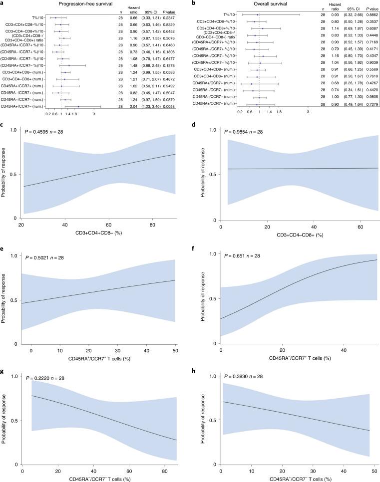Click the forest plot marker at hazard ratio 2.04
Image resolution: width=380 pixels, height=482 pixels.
(78, 106)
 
